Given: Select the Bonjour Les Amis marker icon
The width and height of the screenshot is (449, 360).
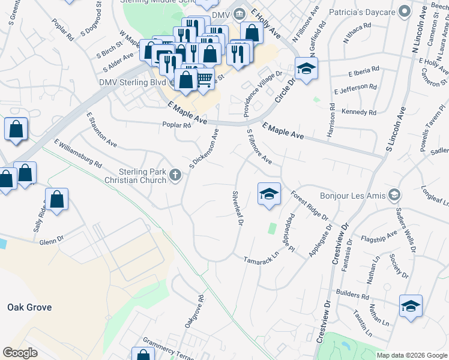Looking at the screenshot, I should coord(394,195).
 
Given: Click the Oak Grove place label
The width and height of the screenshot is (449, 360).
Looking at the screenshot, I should coord(29,307).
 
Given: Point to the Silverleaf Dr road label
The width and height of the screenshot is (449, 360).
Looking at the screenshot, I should coord(237,208).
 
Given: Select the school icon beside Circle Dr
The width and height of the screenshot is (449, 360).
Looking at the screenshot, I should coord(306,68).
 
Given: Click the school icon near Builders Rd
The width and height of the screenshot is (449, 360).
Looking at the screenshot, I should coord(411,306).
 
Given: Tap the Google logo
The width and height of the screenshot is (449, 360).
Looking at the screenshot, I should coord(20,352).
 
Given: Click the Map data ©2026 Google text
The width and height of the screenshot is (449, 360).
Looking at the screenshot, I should coord(412,355).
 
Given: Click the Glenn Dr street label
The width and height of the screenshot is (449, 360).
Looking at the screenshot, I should coord(51,241).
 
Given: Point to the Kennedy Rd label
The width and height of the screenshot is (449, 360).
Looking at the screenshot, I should coord(358,112).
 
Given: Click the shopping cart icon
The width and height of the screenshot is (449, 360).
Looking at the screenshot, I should coord(205,78).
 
